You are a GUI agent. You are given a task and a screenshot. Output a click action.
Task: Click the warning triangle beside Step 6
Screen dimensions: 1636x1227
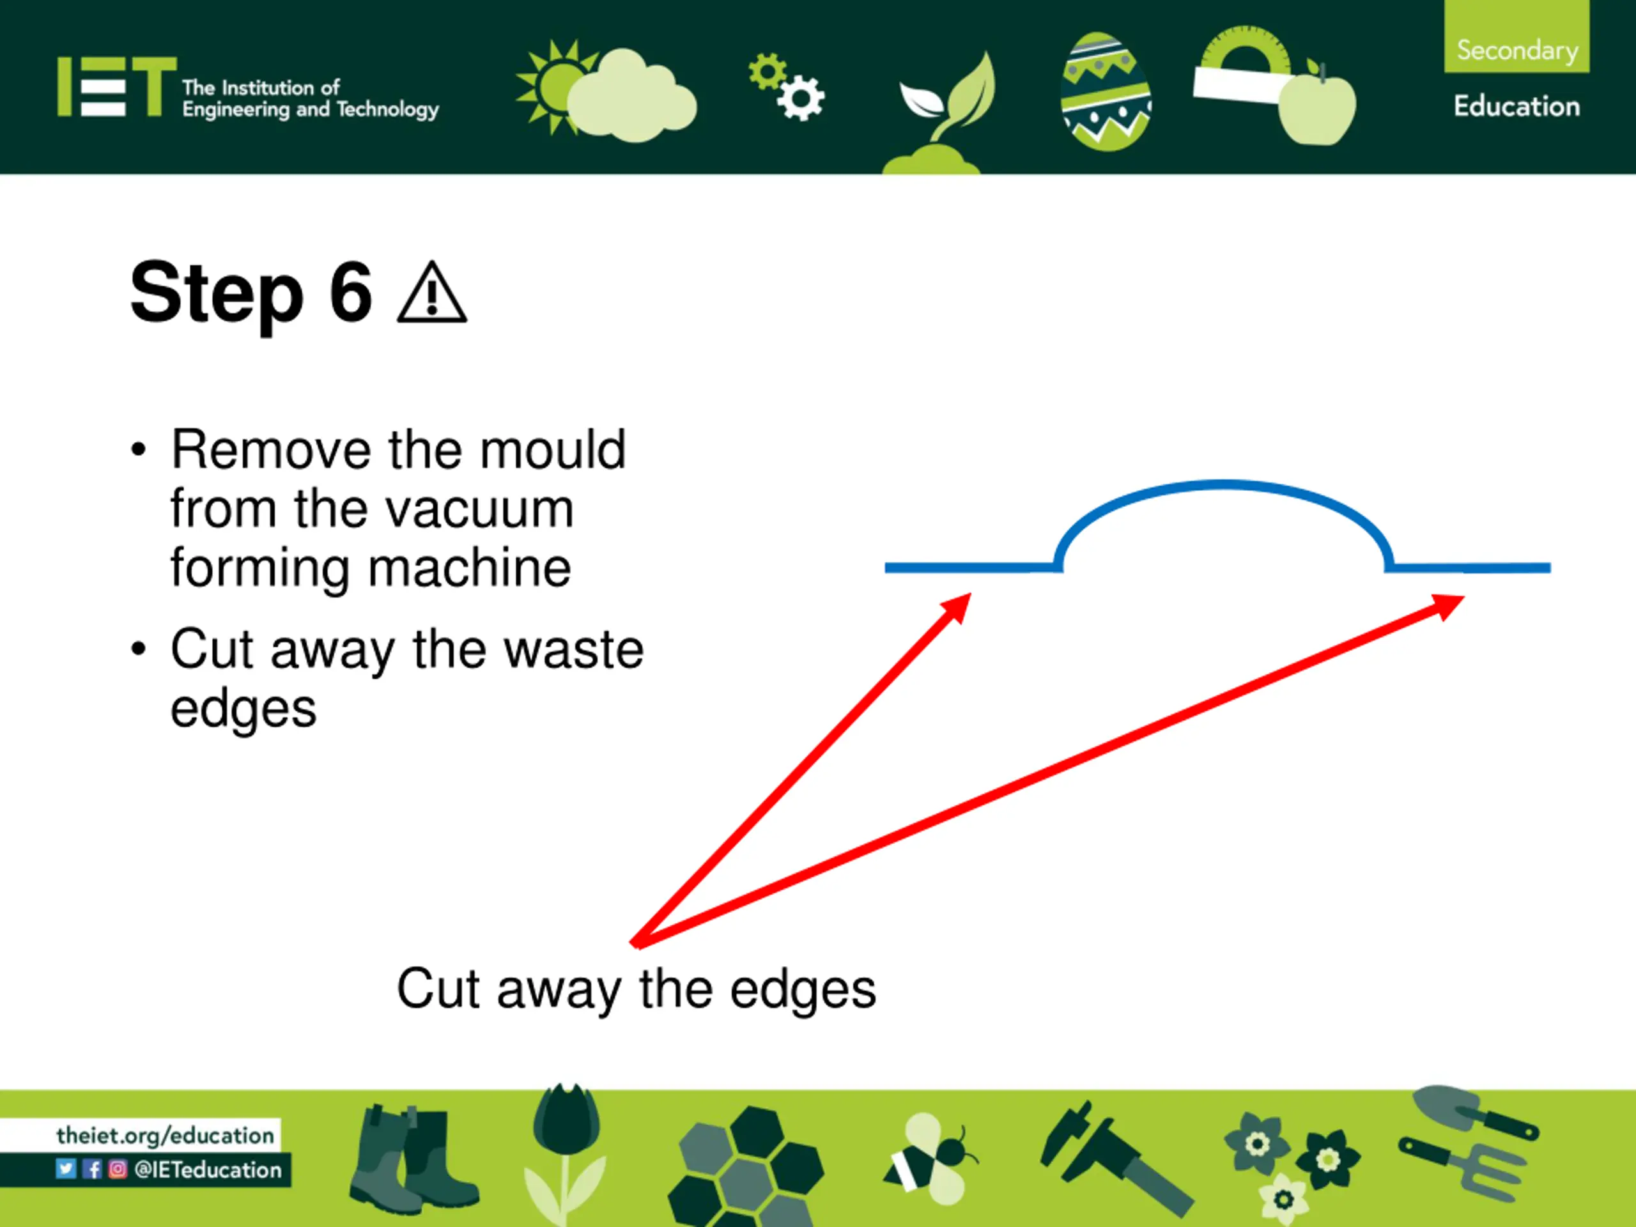click(x=432, y=295)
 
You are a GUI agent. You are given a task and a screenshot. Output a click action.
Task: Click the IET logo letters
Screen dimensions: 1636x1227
click(x=117, y=88)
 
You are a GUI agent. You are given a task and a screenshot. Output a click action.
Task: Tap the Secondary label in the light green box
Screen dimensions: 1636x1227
click(x=1517, y=50)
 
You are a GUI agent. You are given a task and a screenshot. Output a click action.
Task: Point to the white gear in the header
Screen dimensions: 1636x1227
click(x=801, y=98)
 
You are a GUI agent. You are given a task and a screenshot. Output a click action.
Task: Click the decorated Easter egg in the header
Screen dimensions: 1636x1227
click(x=1105, y=92)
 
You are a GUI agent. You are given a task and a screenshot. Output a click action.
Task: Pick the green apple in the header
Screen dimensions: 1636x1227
click(x=1317, y=107)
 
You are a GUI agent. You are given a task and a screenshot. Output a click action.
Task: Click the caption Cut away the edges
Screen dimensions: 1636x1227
click(x=636, y=989)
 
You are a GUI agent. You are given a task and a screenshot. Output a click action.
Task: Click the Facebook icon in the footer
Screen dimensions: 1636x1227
click(x=93, y=1169)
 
